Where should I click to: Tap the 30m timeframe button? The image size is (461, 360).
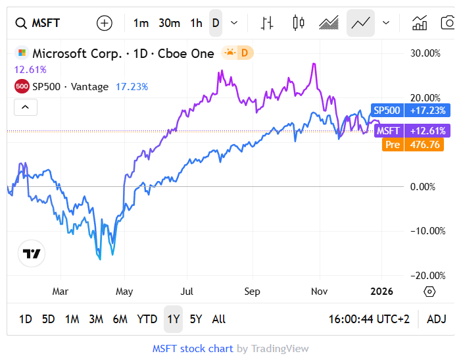tap(169, 23)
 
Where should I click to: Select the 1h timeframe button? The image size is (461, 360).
tap(196, 23)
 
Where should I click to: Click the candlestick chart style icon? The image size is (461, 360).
tap(299, 23)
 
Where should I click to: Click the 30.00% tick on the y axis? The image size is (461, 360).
tap(427, 53)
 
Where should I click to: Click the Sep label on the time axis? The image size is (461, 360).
tap(252, 291)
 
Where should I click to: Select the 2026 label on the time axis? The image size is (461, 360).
tap(383, 291)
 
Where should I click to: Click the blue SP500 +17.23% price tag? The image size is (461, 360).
tap(408, 111)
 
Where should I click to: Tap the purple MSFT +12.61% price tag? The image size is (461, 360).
tap(408, 130)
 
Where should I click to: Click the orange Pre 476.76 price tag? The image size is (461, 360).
tap(412, 145)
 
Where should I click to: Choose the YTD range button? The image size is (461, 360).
tap(147, 319)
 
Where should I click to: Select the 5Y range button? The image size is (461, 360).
tap(196, 319)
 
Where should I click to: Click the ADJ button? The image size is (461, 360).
tap(437, 319)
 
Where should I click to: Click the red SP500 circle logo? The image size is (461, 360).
tap(21, 86)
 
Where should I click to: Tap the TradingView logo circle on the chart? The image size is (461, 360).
tap(31, 253)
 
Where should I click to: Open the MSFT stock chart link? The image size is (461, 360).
tap(193, 349)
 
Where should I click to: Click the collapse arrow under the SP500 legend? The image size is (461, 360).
tap(25, 107)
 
